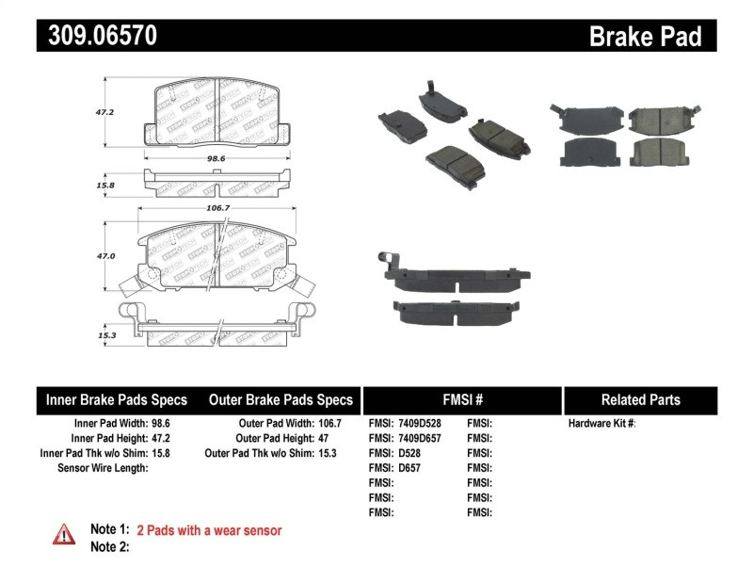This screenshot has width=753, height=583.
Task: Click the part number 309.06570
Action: pyautogui.click(x=97, y=36)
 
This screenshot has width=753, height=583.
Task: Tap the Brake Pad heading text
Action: pyautogui.click(x=646, y=37)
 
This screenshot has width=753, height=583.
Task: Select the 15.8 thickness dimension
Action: pyautogui.click(x=106, y=186)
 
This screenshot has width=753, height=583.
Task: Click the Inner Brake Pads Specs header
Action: pyautogui.click(x=117, y=399)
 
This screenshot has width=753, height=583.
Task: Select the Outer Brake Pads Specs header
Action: pyautogui.click(x=280, y=399)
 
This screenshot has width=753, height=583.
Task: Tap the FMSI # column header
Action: pyautogui.click(x=461, y=399)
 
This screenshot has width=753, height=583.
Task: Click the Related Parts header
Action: pyautogui.click(x=640, y=399)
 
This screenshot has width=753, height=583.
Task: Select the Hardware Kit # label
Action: pyautogui.click(x=602, y=424)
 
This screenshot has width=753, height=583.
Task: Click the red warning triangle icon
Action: pyautogui.click(x=63, y=535)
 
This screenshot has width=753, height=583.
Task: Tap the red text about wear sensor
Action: pyautogui.click(x=209, y=530)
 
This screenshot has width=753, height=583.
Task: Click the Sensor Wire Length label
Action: pyautogui.click(x=103, y=468)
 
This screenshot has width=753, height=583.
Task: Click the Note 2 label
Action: pyautogui.click(x=109, y=547)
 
